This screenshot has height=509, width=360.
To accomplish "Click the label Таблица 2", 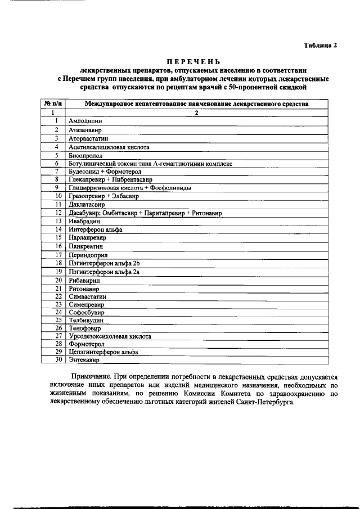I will (321, 46).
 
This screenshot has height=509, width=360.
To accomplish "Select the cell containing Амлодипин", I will (85, 120).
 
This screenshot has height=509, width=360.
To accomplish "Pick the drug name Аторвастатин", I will (88, 138).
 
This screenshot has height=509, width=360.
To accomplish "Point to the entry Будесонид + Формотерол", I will (105, 171).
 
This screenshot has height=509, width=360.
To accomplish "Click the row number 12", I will (57, 213).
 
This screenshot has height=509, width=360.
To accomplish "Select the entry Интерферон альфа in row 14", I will (96, 229).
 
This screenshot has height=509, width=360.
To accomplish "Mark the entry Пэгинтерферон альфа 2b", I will (104, 263).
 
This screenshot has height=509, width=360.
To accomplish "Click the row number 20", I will (57, 280).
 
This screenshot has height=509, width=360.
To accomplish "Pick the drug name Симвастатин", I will (88, 296).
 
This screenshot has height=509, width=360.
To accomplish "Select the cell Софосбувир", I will (87, 312).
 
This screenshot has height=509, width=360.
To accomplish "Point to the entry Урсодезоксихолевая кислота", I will (110, 336).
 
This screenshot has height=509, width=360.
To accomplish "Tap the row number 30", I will (57, 361).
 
